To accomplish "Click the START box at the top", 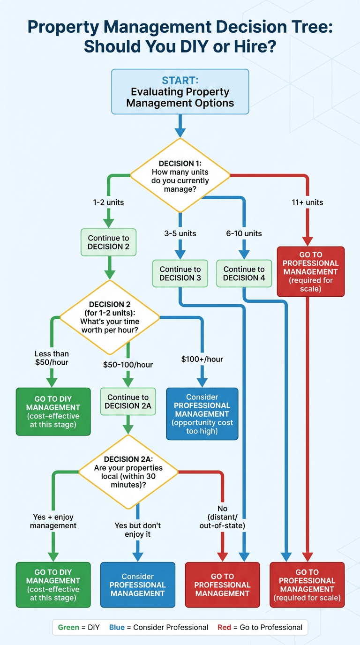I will [x=180, y=92].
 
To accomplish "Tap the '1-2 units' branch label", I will [x=108, y=203].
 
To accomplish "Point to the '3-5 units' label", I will [x=180, y=233].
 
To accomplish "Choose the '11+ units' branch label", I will [x=307, y=203].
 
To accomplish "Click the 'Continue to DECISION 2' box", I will [x=108, y=242].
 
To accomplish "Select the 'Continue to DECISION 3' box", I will [x=180, y=273].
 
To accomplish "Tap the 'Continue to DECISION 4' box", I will [x=244, y=273].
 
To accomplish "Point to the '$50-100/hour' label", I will [x=128, y=365].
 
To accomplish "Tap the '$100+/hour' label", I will [x=202, y=360].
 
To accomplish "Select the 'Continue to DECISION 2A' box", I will [x=128, y=401].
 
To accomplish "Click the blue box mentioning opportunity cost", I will [x=202, y=413].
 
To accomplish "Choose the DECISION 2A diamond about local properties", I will [x=128, y=472].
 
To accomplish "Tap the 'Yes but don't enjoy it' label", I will [x=138, y=530].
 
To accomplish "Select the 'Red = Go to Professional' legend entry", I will [x=260, y=627].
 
